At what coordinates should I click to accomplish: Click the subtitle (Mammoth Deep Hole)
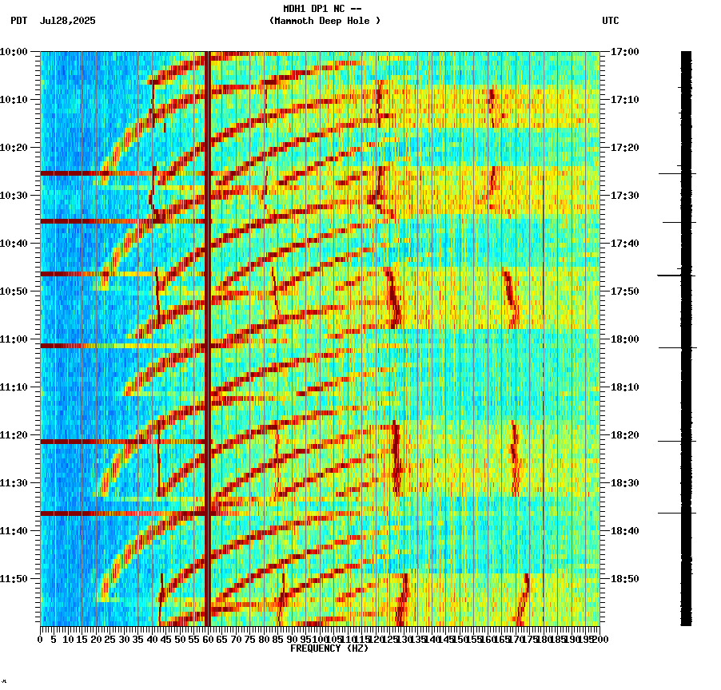tap(325, 21)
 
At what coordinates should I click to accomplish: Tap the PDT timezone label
tap(19, 21)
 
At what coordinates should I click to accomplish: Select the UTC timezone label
tap(610, 21)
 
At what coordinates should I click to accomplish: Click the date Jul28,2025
tap(67, 21)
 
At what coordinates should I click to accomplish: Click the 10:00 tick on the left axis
tap(14, 52)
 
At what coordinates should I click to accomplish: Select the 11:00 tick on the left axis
tap(14, 339)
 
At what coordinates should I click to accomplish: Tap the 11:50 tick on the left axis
tap(14, 579)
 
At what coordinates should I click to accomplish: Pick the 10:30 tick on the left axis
tap(14, 196)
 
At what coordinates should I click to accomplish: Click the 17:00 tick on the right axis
tap(624, 52)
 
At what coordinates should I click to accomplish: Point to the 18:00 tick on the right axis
tap(624, 339)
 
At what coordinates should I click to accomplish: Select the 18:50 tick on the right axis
tap(624, 579)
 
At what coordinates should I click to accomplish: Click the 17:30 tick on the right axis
tap(624, 196)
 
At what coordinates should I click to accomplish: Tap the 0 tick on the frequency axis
tap(41, 639)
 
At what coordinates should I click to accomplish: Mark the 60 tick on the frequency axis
tap(208, 639)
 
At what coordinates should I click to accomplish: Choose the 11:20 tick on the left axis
tap(14, 435)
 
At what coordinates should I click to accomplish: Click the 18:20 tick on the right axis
tap(624, 435)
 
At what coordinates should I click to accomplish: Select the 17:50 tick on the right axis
tap(624, 291)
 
